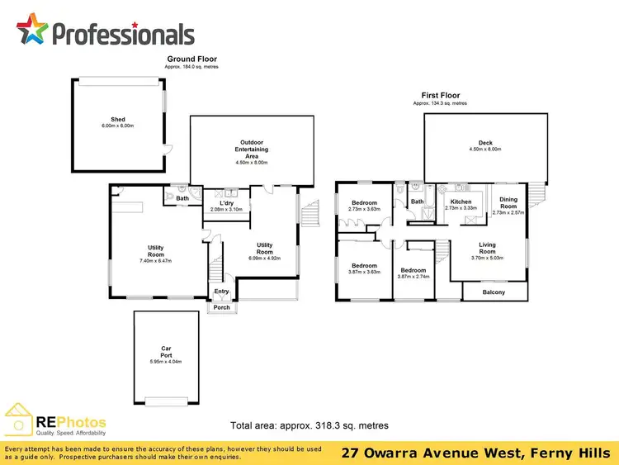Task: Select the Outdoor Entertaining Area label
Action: [252, 149]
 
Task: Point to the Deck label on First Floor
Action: [485, 142]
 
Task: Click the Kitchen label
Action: [461, 202]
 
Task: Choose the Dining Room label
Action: [508, 202]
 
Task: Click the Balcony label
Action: [494, 292]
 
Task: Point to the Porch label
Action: [221, 308]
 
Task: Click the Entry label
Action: [222, 291]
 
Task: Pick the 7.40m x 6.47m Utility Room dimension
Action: [156, 261]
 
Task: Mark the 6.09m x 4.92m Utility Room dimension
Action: [264, 258]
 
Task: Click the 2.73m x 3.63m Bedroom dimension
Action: [364, 209]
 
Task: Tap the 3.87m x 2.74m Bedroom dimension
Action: [413, 277]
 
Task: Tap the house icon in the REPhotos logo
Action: [20, 419]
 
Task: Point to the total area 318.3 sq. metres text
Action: [309, 425]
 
